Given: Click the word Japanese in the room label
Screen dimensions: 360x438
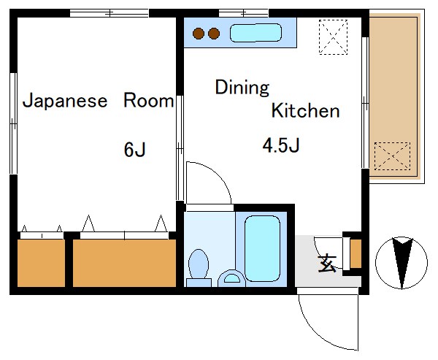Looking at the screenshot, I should [x=65, y=101].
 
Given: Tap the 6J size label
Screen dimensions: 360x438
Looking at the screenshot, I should [x=135, y=150].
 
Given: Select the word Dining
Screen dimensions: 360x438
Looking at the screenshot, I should [x=242, y=88].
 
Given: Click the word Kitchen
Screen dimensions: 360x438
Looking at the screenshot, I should [x=305, y=111].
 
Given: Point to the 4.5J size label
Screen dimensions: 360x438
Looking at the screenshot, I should [x=282, y=145].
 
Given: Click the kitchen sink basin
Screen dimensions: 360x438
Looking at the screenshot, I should [x=255, y=33].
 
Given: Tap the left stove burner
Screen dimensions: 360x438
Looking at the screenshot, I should [x=199, y=33].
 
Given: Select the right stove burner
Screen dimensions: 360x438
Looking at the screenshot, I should [x=214, y=33].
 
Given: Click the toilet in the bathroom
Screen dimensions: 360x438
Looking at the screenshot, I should [x=198, y=265].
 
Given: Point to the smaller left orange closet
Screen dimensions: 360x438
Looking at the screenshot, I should [x=40, y=261].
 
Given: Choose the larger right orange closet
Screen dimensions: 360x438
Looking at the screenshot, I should [x=125, y=261].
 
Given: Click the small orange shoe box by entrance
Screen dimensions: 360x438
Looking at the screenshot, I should [x=356, y=253].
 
